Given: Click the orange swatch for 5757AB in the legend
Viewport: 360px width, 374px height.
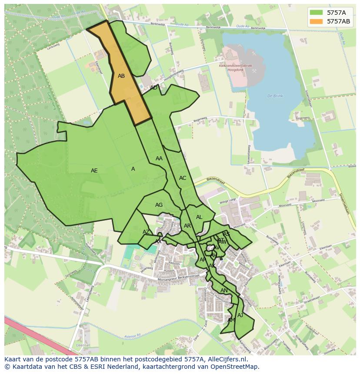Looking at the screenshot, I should [316, 21].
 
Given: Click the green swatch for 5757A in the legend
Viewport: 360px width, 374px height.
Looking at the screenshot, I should [316, 13].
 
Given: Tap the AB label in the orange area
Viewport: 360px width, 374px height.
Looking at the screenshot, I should [121, 76].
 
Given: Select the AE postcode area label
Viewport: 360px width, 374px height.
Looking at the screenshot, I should [94, 171].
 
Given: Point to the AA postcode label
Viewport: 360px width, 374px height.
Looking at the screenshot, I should [159, 159].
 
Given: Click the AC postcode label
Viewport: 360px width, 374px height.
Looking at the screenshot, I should [183, 178].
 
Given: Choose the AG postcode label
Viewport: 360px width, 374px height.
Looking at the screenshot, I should [159, 205].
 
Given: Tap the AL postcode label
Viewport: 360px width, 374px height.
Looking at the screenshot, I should [199, 217].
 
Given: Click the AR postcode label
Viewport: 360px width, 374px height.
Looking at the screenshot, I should [187, 226].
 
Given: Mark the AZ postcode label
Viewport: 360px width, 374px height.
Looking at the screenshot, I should [146, 232].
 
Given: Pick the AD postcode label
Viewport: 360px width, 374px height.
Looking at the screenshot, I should [153, 88].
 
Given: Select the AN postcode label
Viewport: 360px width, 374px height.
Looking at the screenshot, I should [224, 291].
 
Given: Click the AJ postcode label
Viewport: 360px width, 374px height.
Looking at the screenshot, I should [240, 315].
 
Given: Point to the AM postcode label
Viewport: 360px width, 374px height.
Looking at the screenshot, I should [231, 320].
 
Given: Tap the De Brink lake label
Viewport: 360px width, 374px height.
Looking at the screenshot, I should [275, 96].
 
